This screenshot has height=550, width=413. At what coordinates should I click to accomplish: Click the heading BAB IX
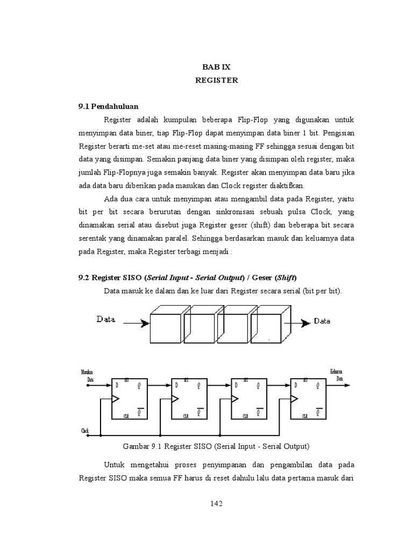point(216,67)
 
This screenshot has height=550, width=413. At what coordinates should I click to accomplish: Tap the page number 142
point(216,503)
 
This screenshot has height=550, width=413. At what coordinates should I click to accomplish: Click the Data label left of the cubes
point(106,319)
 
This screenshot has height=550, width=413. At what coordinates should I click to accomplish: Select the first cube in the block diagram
point(166,327)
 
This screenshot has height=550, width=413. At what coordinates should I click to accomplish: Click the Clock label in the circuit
point(85,430)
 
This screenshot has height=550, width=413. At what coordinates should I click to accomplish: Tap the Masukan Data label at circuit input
point(87,374)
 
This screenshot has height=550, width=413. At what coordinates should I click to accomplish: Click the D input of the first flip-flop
point(115,386)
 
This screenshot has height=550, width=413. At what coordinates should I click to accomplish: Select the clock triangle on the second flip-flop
point(175,399)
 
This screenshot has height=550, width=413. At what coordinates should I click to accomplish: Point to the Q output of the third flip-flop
point(258,386)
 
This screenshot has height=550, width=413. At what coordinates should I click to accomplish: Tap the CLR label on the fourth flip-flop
point(304,415)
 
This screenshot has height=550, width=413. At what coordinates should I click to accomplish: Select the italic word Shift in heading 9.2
point(284,278)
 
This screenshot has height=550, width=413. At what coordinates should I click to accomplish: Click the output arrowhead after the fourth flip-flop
point(348,385)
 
